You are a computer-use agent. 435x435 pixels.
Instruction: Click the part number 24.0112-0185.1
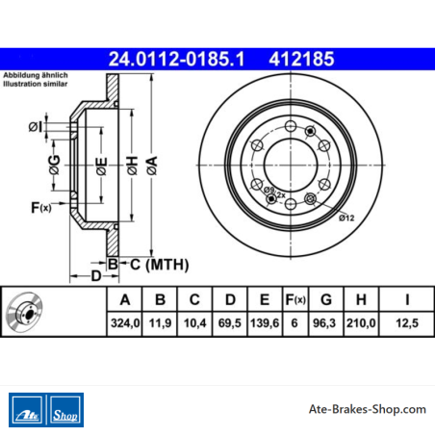pyautogui.click(x=177, y=59)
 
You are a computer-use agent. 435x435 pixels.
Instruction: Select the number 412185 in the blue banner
pyautogui.click(x=301, y=59)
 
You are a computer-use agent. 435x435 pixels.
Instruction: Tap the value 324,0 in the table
pyautogui.click(x=125, y=323)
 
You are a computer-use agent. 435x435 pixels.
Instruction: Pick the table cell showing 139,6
pyautogui.click(x=265, y=323)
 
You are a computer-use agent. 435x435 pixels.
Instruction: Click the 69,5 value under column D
pyautogui.click(x=230, y=323)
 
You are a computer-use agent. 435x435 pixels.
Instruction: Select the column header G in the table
pyautogui.click(x=326, y=299)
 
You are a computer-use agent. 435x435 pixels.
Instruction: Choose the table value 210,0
pyautogui.click(x=361, y=323)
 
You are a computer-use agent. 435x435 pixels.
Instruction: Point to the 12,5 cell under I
pyautogui.click(x=407, y=323)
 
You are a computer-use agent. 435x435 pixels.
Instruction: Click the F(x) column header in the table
pyautogui.click(x=295, y=299)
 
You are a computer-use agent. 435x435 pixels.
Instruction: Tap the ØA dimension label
pyautogui.click(x=152, y=166)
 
